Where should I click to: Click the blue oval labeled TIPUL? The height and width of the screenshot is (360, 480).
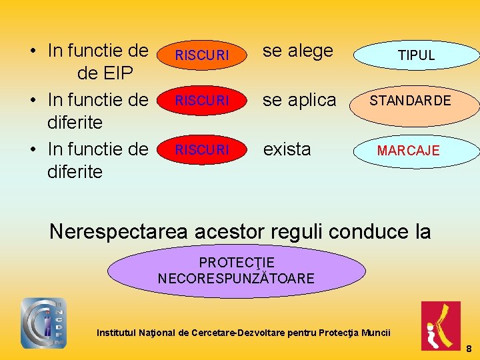pyautogui.click(x=416, y=55)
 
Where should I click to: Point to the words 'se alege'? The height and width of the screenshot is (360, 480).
pyautogui.click(x=297, y=51)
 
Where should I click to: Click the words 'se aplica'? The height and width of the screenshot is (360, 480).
pyautogui.click(x=299, y=100)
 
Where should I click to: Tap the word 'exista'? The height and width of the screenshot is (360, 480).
pyautogui.click(x=287, y=149)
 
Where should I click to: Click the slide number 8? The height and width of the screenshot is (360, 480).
pyautogui.click(x=469, y=349)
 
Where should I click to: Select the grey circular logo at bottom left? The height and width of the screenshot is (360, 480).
pyautogui.click(x=44, y=323)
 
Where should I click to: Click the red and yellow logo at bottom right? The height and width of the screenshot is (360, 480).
pyautogui.click(x=440, y=325)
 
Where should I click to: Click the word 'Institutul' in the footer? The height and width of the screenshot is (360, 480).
pyautogui.click(x=119, y=332)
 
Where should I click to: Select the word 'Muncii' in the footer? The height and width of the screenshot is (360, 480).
pyautogui.click(x=376, y=332)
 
